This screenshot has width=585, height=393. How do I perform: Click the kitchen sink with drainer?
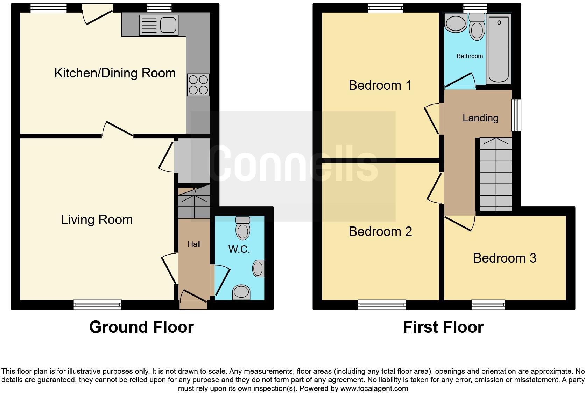click(158, 25)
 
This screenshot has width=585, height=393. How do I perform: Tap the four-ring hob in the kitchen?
click(198, 85)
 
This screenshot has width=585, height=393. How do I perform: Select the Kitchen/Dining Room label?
click(115, 73)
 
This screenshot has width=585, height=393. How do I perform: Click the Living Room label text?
click(97, 220)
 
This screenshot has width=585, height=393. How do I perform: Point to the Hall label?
click(194, 244)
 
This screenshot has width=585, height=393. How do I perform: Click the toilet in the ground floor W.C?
click(243, 228)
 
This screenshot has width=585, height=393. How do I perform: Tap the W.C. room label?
click(239, 250)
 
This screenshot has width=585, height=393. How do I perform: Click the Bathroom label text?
click(470, 56)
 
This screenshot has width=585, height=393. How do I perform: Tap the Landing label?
click(480, 118)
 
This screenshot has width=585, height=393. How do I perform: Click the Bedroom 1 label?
click(380, 86)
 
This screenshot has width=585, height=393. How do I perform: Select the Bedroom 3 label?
click(505, 258)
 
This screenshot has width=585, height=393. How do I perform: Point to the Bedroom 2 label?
click(380, 232)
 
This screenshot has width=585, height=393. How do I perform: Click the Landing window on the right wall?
click(516, 115)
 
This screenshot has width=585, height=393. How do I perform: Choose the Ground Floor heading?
click(141, 327)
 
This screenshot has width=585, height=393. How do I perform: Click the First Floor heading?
click(443, 327)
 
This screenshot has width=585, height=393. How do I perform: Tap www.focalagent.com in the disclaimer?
click(374, 388)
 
